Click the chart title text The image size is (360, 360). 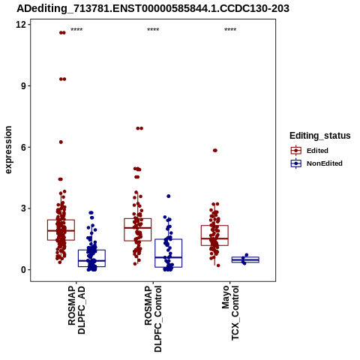[153, 8]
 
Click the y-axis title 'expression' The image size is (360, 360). [8, 150]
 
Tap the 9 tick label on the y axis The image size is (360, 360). [24, 85]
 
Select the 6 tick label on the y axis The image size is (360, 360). [24, 147]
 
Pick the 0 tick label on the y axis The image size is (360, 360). [24, 270]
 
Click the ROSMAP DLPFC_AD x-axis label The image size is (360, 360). [76, 310]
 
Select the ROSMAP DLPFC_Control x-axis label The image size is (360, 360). [153, 319]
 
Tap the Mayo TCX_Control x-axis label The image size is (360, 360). [230, 313]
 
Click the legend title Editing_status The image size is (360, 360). [320, 136]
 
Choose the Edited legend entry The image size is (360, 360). [316, 151]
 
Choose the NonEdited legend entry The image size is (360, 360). [316, 163]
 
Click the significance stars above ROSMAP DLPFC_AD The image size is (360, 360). [76, 30]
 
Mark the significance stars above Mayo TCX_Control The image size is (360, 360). [230, 30]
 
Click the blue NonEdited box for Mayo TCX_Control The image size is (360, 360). [245, 259]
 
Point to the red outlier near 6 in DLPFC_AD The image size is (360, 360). [61, 142]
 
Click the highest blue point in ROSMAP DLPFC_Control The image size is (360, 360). [169, 196]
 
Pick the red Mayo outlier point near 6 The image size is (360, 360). [215, 150]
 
